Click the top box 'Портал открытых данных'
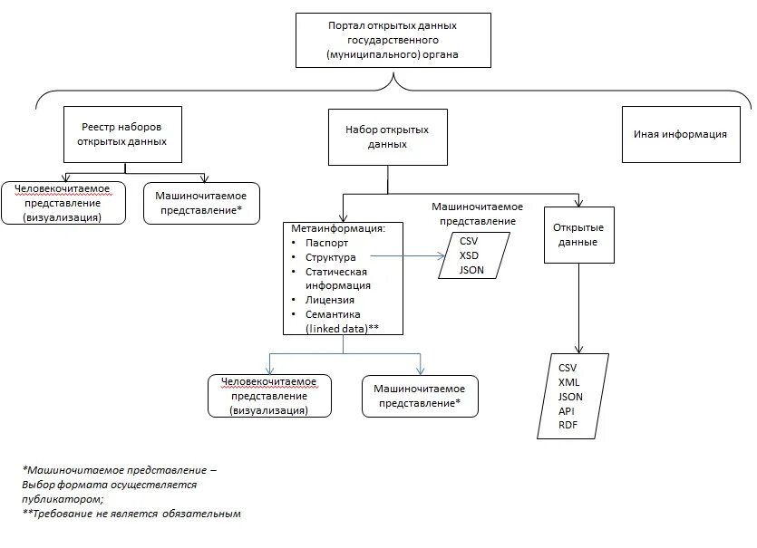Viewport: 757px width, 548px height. (x=392, y=41)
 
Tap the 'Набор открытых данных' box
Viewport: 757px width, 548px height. (x=387, y=137)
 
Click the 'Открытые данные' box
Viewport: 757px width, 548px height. (x=577, y=235)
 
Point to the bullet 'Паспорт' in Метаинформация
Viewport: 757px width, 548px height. (x=326, y=243)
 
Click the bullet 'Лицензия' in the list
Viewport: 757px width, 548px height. (x=330, y=299)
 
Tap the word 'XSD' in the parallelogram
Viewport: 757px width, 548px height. (x=468, y=256)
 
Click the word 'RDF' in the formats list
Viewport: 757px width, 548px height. (x=568, y=426)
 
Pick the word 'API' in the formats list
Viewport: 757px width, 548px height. (x=567, y=411)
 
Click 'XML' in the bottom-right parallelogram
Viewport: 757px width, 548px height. (x=569, y=382)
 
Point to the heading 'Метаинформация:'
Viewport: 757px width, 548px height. (x=338, y=228)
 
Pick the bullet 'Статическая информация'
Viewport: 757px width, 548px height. (x=335, y=278)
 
